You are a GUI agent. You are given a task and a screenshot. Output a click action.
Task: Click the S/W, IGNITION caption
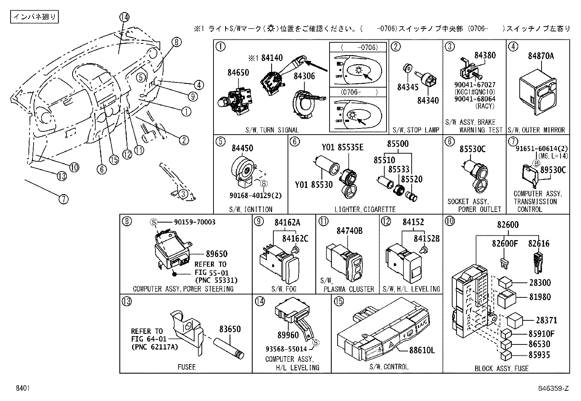click(x=251, y=209)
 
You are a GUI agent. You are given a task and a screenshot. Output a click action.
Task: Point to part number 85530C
click(x=472, y=149)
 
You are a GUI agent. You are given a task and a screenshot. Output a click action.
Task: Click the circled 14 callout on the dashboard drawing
click(x=124, y=17)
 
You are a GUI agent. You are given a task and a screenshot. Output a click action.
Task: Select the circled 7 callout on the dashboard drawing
click(x=64, y=199)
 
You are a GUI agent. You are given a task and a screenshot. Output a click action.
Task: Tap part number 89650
click(x=216, y=254)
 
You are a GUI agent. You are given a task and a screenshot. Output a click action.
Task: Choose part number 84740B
click(x=349, y=231)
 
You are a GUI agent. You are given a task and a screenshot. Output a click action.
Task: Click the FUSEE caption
click(x=186, y=367)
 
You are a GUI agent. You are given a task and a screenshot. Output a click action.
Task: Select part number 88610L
click(x=422, y=351)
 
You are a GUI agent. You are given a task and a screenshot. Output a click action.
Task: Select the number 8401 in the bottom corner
click(x=23, y=389)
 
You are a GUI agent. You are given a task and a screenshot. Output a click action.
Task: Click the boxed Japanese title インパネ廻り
click(x=35, y=16)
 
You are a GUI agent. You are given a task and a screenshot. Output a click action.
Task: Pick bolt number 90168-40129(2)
click(x=255, y=196)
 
